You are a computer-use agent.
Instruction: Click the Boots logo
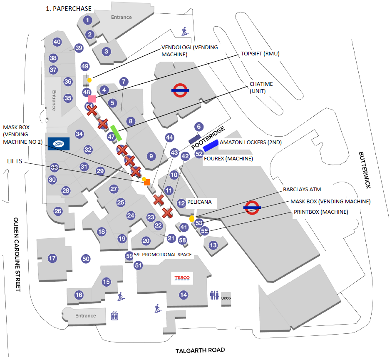pos(59,143)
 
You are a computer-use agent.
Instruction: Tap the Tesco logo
pos(182,278)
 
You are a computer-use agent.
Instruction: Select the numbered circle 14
pos(183,295)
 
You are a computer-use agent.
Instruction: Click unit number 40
pos(57,42)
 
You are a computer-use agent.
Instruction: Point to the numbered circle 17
pos(52,258)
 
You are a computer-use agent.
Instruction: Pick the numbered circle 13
pos(213,245)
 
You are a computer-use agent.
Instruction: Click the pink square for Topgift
pos(92,99)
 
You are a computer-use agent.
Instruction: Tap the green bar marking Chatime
pos(116,132)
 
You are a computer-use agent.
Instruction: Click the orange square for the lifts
pos(147,182)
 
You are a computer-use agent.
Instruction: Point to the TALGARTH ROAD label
pos(200,350)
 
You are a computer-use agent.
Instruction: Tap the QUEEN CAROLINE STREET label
pos(17,254)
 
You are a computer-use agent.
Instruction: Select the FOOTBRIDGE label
pos(208,137)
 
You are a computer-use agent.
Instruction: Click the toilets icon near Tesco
pos(215,295)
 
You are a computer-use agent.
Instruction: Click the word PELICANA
pos(199,202)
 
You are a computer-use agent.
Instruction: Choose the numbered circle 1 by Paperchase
pos(87,20)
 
